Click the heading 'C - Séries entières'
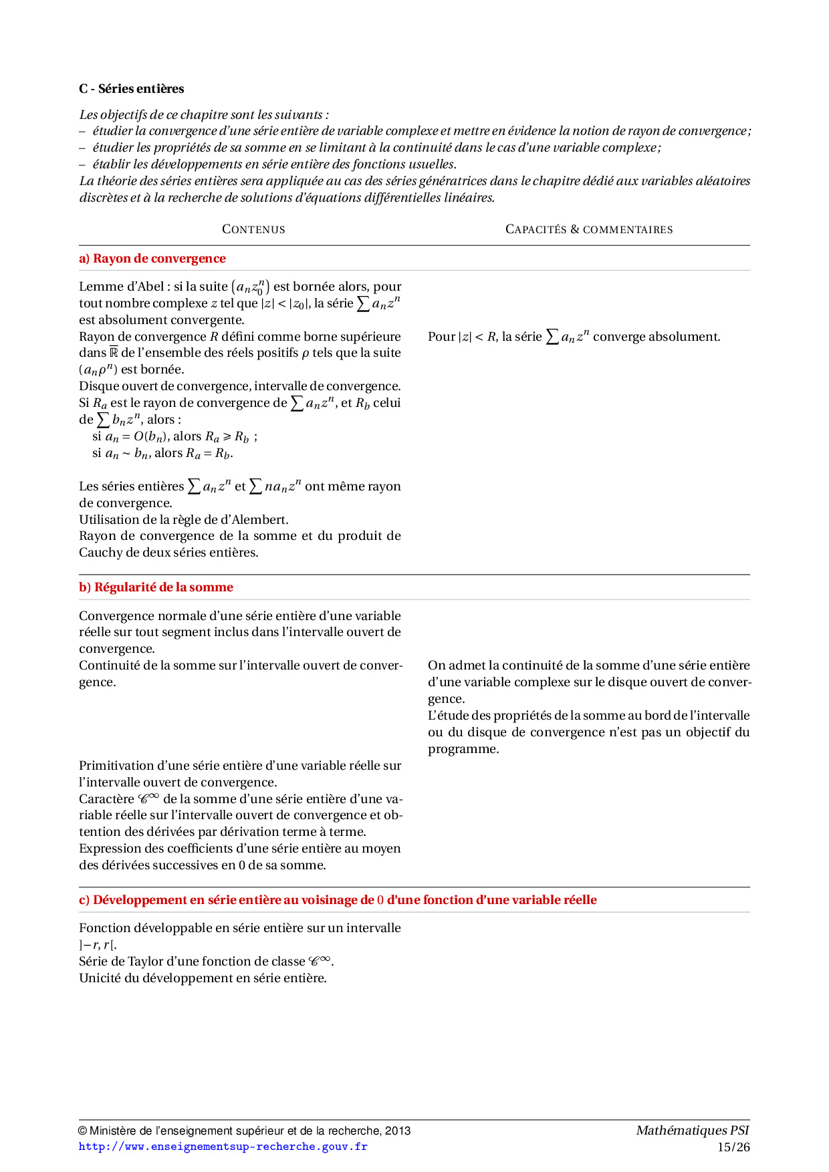pyautogui.click(x=131, y=89)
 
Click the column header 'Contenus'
pyautogui.click(x=253, y=229)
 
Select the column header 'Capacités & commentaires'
pyautogui.click(x=588, y=229)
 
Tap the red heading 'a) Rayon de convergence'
pyautogui.click(x=152, y=259)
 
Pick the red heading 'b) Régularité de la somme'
pyautogui.click(x=156, y=587)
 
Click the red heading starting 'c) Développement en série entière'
pyautogui.click(x=338, y=900)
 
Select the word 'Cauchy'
pyautogui.click(x=100, y=553)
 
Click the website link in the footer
pyautogui.click(x=223, y=1147)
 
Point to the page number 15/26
pyautogui.click(x=733, y=1147)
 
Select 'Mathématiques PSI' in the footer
pyautogui.click(x=692, y=1131)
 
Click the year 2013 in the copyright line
pyautogui.click(x=398, y=1131)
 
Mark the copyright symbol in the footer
pyautogui.click(x=83, y=1131)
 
